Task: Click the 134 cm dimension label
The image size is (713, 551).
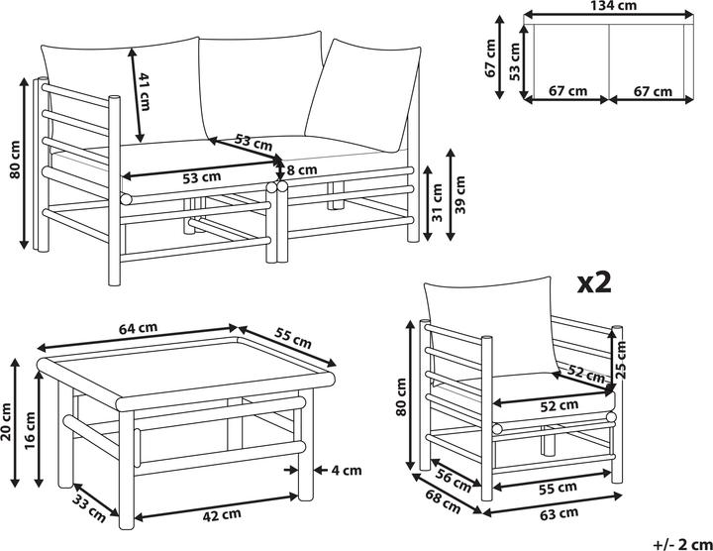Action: tap(613, 6)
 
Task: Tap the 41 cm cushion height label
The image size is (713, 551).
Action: tap(145, 91)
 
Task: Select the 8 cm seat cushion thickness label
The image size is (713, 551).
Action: tap(301, 170)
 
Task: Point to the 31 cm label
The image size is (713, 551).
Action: tap(437, 202)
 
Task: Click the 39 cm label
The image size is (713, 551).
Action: tap(460, 195)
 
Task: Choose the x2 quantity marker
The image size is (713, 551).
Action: tap(594, 283)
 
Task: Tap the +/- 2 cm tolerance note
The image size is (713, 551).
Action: tap(683, 544)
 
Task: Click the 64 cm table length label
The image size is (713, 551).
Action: tap(138, 328)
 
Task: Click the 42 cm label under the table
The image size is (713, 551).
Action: tap(222, 514)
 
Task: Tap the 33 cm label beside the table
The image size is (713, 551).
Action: tap(89, 508)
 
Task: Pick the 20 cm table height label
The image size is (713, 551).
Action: tap(6, 422)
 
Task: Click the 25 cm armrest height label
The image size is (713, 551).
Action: tap(621, 360)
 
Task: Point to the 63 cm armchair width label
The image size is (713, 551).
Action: tap(560, 513)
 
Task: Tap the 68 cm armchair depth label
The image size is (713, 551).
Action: tap(443, 501)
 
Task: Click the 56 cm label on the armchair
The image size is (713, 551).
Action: tap(454, 481)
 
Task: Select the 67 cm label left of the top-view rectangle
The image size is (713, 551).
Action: tap(490, 57)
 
